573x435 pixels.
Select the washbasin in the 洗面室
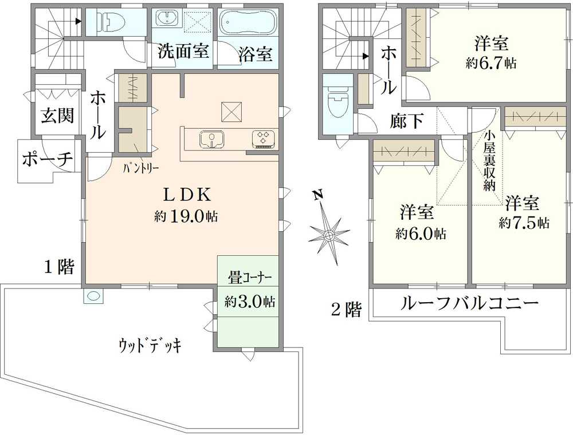[167, 18]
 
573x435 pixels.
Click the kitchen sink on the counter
[212, 140]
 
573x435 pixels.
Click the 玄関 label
[57, 116]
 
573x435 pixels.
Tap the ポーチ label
[48, 160]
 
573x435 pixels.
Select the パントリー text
[141, 168]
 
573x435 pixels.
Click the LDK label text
[187, 195]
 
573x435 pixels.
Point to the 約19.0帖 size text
[186, 217]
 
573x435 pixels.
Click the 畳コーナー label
[250, 278]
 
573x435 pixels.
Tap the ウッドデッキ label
[150, 345]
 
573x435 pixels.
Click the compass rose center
[329, 234]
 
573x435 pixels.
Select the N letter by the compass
[319, 195]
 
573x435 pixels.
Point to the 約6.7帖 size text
[491, 64]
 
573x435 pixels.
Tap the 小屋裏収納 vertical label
[489, 161]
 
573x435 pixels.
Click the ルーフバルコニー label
[470, 303]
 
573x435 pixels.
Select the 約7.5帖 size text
[524, 223]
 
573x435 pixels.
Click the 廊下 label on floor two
[407, 121]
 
